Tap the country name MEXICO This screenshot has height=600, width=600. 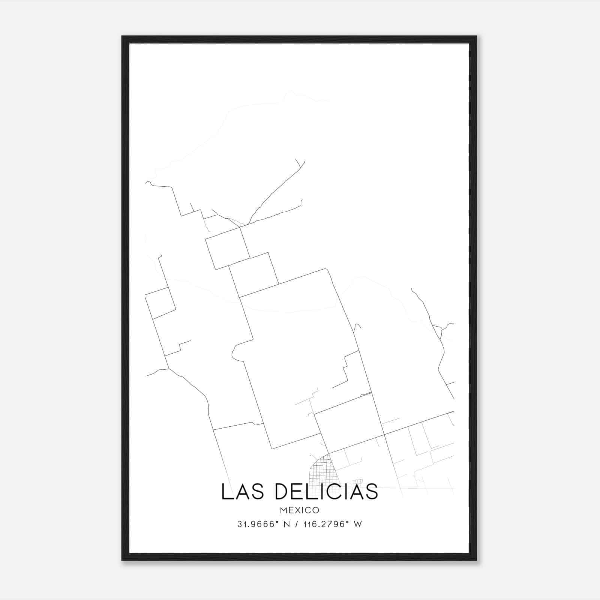[x=300, y=510]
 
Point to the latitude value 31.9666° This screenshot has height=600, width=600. [x=259, y=524]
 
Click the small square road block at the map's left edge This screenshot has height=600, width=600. [x=160, y=303]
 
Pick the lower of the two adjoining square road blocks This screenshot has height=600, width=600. [x=253, y=274]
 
